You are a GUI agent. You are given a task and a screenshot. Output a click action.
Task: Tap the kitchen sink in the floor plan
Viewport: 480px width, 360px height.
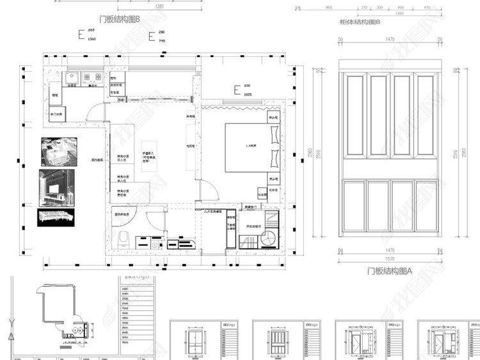point(72,78)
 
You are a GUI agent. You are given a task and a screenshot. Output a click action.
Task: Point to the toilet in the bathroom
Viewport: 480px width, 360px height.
point(125,239)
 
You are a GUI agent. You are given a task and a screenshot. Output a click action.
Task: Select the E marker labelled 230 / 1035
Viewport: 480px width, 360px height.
point(237,90)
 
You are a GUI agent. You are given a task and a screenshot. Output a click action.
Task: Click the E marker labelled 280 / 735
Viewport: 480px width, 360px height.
point(152,36)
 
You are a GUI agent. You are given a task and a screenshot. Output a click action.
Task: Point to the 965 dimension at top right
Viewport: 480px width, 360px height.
point(328,8)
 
